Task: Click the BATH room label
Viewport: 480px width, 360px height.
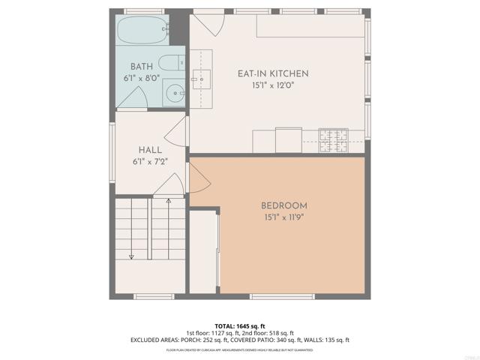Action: [x=142, y=67]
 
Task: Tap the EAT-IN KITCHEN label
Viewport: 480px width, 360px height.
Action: [x=273, y=73]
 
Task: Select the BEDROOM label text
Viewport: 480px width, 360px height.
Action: [x=284, y=205]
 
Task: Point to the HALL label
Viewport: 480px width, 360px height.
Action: [x=150, y=150]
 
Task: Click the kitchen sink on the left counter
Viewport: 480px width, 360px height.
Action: [x=200, y=76]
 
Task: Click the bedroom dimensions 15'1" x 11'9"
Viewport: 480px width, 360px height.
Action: [x=284, y=217]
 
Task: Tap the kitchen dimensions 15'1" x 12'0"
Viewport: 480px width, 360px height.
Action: [x=273, y=85]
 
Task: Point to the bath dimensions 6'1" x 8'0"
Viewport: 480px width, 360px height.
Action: [x=141, y=78]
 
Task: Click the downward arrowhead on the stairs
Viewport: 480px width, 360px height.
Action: [x=131, y=256]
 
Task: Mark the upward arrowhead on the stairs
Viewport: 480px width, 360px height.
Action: [x=168, y=201]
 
